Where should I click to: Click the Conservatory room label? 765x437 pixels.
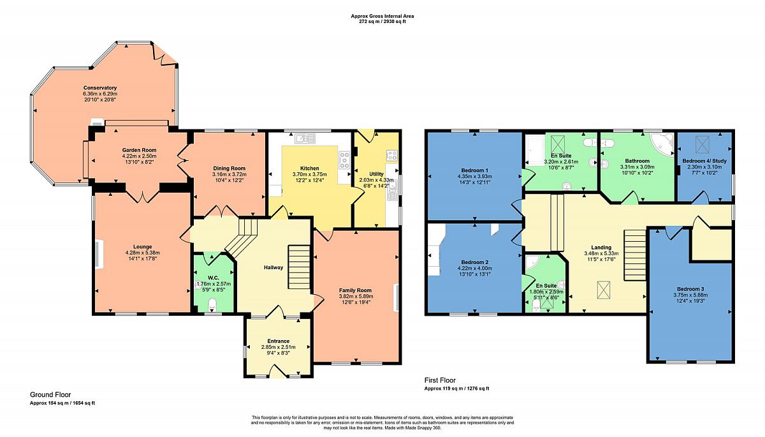tap(100, 88)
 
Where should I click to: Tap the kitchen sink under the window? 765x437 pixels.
tap(305, 138)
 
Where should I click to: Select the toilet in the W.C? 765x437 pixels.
tap(212, 304)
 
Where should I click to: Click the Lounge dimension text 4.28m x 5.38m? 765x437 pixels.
tap(143, 253)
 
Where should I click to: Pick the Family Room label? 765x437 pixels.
tap(355, 290)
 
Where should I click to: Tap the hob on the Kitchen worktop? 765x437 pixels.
tap(344, 159)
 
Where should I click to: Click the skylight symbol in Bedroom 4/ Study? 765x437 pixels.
tap(703, 145)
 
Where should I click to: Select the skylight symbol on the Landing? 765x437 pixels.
tap(604, 290)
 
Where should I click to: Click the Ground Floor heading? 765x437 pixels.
tap(50, 395)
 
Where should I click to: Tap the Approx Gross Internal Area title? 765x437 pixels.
tap(382, 16)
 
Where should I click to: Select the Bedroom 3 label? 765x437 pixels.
tap(690, 289)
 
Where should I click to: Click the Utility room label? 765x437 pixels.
tap(376, 174)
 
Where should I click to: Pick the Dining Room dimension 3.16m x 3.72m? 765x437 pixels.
tap(229, 174)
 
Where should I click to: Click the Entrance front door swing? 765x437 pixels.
tap(279, 371)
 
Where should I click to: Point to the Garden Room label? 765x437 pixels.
tap(140, 150)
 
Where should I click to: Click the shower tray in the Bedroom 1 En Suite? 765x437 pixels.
tap(535, 150)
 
